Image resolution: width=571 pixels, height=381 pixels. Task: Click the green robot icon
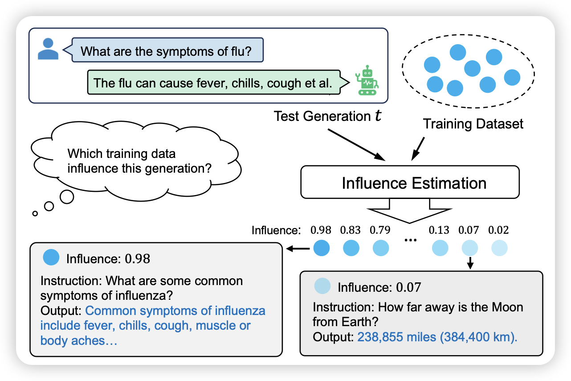point(367,81)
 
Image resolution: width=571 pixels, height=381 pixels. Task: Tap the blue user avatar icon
point(48,49)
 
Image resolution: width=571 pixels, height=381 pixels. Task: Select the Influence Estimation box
point(410,182)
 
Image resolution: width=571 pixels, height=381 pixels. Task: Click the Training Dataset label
point(473,123)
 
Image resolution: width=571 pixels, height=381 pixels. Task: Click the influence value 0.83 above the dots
point(350,230)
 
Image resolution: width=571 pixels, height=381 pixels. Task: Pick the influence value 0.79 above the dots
point(380,230)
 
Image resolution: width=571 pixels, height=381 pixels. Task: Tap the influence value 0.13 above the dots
point(439,230)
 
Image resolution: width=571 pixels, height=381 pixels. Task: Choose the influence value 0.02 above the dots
point(498,230)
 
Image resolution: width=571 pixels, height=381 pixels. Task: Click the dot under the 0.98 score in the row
point(321,248)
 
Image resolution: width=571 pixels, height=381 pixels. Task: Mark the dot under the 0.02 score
point(499,248)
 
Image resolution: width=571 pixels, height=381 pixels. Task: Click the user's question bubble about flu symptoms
point(167,51)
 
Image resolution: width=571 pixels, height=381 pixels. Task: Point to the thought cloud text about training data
point(139,162)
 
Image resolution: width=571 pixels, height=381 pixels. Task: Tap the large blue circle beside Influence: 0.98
point(52,257)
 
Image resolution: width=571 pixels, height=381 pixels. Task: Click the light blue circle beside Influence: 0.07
point(322,286)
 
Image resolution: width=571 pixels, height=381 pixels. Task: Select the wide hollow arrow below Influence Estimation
point(410,211)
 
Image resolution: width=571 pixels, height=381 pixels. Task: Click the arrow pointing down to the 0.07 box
point(469,263)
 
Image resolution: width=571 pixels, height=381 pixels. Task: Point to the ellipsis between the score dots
point(410,241)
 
